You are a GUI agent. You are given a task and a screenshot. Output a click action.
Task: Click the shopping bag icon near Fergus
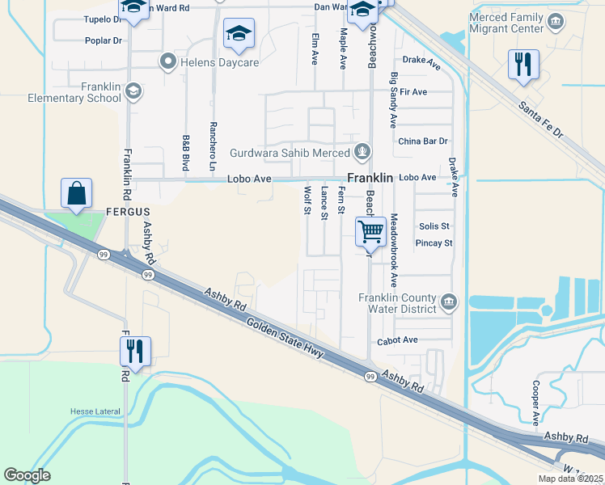pyautogui.click(x=76, y=193)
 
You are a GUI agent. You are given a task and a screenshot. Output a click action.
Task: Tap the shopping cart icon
pyautogui.click(x=370, y=231)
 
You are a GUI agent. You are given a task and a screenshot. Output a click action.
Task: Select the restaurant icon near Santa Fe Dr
pyautogui.click(x=523, y=64)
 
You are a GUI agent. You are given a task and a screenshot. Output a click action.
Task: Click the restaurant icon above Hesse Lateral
pyautogui.click(x=135, y=352)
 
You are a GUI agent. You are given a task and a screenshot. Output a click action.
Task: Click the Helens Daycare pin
pyautogui.click(x=168, y=60)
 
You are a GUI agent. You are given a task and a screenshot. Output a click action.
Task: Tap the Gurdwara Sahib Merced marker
pyautogui.click(x=363, y=151)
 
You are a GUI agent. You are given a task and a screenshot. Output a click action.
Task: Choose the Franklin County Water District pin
pyautogui.click(x=451, y=303)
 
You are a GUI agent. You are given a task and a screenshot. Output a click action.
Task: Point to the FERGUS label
pyautogui.click(x=129, y=212)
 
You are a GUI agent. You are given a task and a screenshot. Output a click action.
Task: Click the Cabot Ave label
pyautogui.click(x=397, y=340)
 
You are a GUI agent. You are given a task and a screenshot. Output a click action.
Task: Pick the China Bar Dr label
pyautogui.click(x=423, y=141)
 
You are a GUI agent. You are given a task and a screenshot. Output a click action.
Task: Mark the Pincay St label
pyautogui.click(x=434, y=242)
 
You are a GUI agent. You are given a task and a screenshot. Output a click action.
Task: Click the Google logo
pyautogui.click(x=27, y=475)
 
